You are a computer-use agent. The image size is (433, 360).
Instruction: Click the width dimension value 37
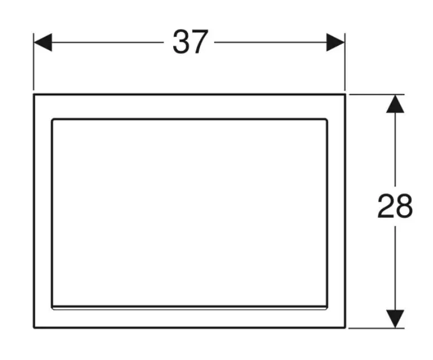pos(191,42)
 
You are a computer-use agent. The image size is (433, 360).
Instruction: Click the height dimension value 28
pos(395,206)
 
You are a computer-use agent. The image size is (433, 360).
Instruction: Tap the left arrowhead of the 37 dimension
pos(42,42)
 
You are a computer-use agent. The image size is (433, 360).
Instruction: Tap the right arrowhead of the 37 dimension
pos(336,42)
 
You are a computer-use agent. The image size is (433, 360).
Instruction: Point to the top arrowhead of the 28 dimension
pos(395,104)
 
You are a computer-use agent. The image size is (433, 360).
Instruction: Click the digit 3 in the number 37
pos(181,42)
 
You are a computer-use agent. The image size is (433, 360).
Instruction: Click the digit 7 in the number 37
pos(200,42)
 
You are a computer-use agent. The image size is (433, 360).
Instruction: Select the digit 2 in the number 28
pos(386,206)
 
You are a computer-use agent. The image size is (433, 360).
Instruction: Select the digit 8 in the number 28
pos(405,206)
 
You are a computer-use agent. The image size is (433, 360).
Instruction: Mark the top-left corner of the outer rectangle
pos(34,95)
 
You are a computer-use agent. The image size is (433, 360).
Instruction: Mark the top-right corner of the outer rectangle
pos(346,95)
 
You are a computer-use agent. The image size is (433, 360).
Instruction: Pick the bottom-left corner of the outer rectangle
pos(34,328)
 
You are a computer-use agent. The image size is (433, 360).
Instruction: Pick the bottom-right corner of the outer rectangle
pos(346,328)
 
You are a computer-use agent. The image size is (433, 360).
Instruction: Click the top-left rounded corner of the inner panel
pos(53,120)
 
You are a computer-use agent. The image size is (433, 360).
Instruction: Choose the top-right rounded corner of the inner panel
pos(326,120)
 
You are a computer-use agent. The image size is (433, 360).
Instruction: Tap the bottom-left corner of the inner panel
pos(53,307)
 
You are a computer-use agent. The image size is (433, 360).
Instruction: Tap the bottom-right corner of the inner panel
pos(327,307)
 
